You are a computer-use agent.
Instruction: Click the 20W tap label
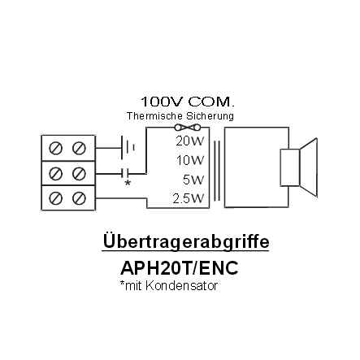[x=189, y=141]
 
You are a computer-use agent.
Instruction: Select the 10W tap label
[x=190, y=160]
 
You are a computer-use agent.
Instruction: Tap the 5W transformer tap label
[x=193, y=180]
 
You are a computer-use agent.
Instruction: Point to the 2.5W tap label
[x=189, y=199]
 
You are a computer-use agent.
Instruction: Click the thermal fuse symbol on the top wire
[x=188, y=127]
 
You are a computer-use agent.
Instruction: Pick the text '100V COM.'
[x=187, y=102]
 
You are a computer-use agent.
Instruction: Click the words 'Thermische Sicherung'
[x=180, y=116]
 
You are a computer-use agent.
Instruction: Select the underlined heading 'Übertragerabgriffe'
[x=186, y=241]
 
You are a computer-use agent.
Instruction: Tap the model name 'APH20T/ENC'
[x=180, y=268]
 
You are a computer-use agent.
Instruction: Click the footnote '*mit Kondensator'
[x=169, y=285]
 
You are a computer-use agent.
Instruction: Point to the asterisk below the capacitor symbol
[x=128, y=183]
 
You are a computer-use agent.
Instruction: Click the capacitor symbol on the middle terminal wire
[x=125, y=173]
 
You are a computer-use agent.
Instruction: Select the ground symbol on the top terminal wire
[x=128, y=148]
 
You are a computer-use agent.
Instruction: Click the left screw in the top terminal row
[x=55, y=148]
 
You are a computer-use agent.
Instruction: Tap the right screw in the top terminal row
[x=79, y=148]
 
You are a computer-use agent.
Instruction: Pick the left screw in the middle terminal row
[x=55, y=173]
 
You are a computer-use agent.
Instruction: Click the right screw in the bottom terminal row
[x=79, y=198]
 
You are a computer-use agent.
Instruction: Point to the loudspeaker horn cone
[x=309, y=167]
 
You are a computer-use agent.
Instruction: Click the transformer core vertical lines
[x=216, y=171]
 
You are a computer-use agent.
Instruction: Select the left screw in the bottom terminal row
[x=55, y=198]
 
